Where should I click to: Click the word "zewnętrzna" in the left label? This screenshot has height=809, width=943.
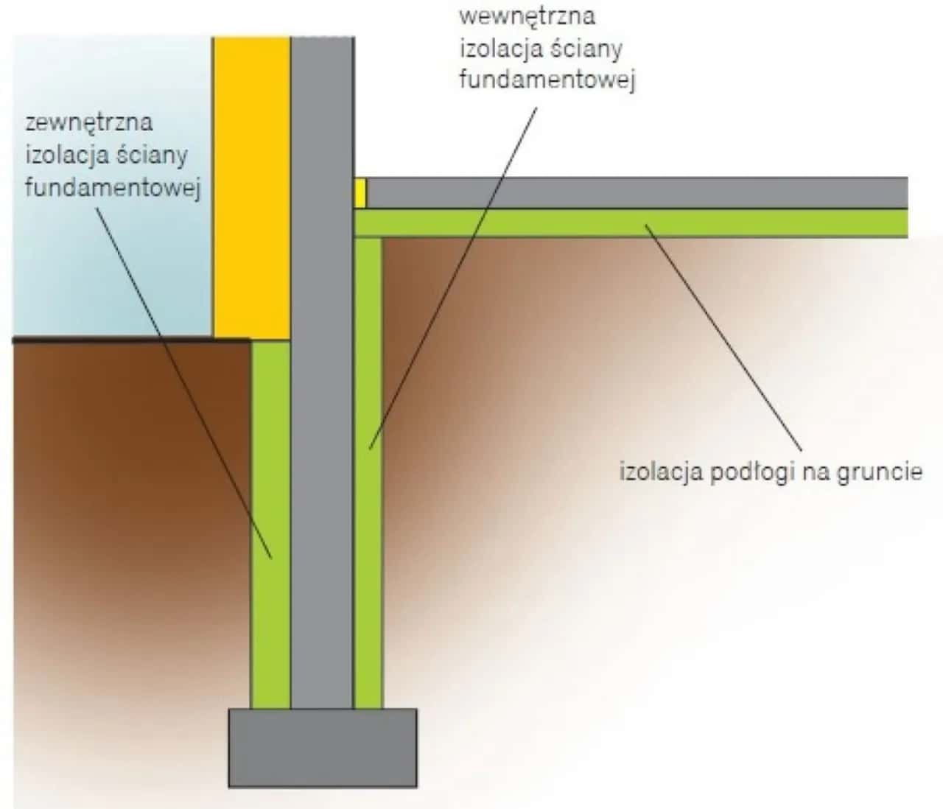pos(88,122)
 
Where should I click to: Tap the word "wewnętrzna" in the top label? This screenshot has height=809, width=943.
pos(527,15)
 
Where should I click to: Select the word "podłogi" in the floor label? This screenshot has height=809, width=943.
pos(750,472)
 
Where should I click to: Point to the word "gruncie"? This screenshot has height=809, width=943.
pos(879,472)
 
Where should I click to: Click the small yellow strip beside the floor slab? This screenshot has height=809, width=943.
pos(360,193)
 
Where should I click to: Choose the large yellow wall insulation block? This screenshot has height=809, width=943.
pos(252,184)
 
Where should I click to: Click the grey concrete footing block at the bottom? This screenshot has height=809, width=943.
pos(322,747)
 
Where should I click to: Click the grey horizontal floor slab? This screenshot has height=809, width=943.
pos(634,192)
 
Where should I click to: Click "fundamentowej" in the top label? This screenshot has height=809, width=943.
pos(547,80)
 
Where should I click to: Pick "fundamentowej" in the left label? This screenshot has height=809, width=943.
pos(113,188)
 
